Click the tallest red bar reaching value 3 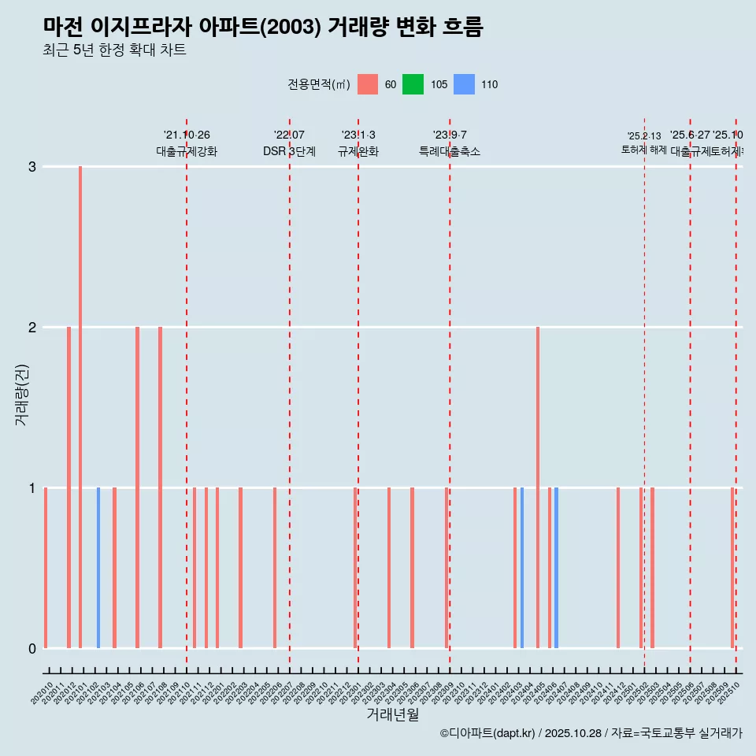point(80,406)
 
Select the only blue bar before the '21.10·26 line point(98,567)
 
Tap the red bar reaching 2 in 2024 point(538,487)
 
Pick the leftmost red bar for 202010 point(46,567)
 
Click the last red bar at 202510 point(732,567)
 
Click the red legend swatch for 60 point(368,84)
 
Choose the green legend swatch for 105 point(413,84)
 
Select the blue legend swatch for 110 point(465,84)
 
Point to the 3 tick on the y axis point(32,167)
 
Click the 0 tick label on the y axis point(32,648)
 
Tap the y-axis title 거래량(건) point(21,395)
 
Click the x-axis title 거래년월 point(392,714)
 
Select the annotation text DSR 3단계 point(289,151)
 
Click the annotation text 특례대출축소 point(449,151)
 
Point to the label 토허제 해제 point(644,150)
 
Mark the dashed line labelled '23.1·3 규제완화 point(358,394)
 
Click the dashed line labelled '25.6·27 point(691,394)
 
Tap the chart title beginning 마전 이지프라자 point(263,27)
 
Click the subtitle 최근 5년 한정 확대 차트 point(114,50)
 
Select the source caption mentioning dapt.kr point(591,733)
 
